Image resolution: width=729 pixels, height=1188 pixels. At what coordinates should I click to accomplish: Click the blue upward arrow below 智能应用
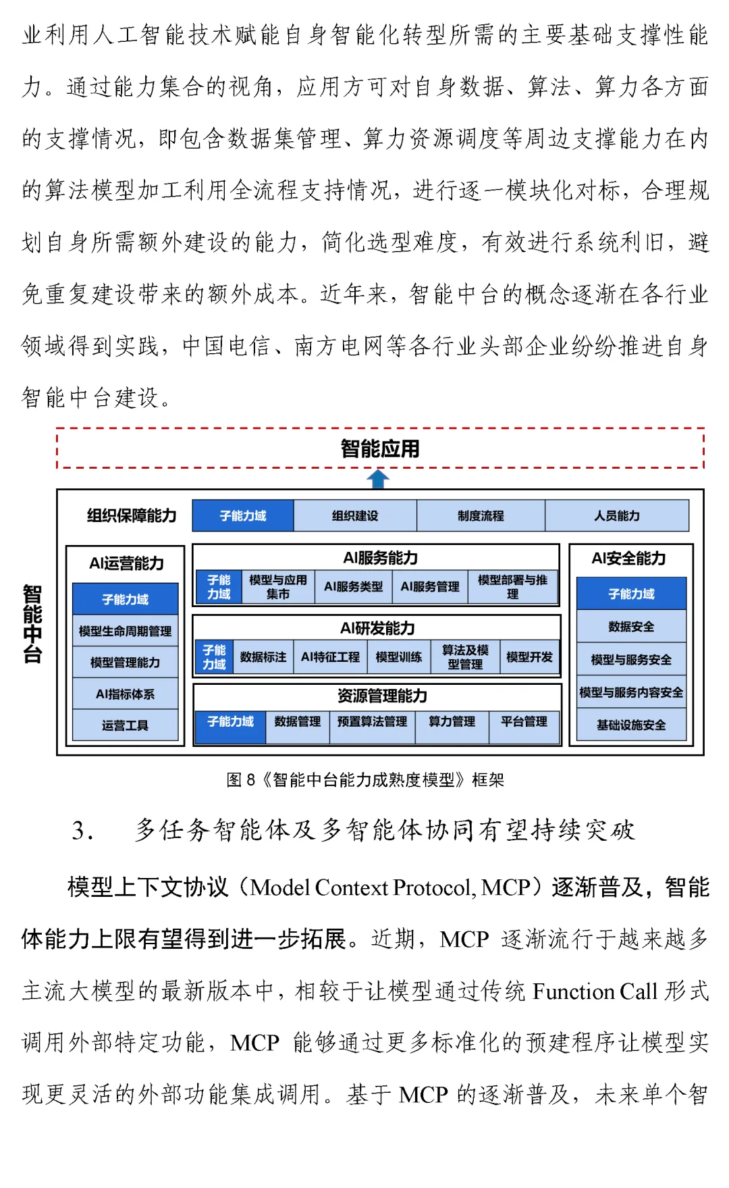(x=378, y=479)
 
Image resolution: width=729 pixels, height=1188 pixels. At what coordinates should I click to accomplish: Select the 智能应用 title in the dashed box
(x=380, y=448)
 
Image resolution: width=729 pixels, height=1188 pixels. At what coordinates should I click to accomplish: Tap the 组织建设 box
(x=355, y=516)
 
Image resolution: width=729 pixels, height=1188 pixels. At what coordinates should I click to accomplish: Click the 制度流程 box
(x=481, y=516)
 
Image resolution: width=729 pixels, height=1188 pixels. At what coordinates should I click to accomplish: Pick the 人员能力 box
(x=617, y=516)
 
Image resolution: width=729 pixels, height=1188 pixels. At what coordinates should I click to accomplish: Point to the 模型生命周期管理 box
(x=126, y=631)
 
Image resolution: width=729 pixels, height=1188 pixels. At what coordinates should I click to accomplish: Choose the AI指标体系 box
(x=126, y=694)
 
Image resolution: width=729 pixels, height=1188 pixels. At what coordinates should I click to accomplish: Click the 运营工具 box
(x=126, y=725)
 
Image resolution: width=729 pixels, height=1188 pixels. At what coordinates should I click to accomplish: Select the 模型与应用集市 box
(x=277, y=587)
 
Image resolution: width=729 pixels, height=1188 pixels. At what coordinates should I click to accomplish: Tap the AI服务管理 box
(x=430, y=587)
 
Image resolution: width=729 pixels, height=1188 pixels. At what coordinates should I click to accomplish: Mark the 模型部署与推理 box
(x=513, y=587)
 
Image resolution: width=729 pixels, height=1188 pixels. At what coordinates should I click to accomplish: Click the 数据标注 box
(x=263, y=657)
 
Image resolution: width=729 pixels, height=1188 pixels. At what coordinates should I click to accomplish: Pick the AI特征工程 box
(x=331, y=657)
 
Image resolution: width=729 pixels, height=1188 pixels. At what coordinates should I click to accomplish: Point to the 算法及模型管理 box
(x=465, y=657)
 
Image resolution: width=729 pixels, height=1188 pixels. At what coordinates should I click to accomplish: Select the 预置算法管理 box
(x=372, y=722)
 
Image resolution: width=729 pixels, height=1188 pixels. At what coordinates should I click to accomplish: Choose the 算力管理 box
(x=452, y=722)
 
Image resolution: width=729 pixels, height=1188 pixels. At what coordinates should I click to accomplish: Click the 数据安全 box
(x=631, y=627)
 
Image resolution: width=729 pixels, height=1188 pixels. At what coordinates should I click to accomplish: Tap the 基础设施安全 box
(x=631, y=725)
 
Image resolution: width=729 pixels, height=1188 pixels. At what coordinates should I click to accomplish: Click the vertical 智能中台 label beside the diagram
(x=32, y=623)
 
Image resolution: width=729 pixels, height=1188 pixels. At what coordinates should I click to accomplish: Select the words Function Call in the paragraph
(x=595, y=991)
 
